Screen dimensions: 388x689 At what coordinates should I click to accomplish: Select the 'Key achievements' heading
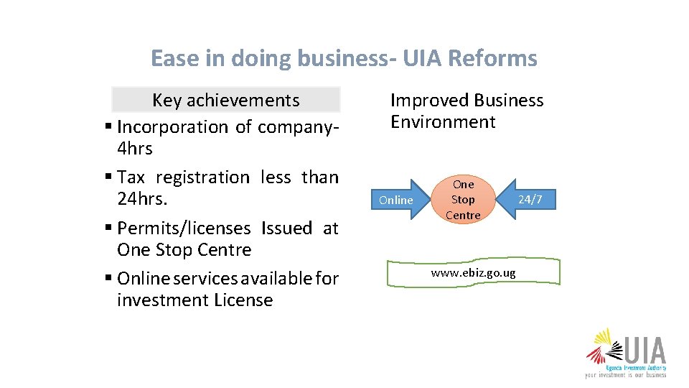coord(225,100)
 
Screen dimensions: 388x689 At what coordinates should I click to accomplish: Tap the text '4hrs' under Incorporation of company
coord(134,149)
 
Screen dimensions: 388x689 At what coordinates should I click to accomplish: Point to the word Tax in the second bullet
coord(131,177)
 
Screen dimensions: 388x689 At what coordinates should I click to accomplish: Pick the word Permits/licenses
coord(184,228)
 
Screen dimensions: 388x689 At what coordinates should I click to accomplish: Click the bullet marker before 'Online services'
coord(108,278)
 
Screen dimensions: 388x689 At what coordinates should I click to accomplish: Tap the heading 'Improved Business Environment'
coord(467,111)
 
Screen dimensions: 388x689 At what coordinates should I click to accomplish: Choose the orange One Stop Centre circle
coord(463,200)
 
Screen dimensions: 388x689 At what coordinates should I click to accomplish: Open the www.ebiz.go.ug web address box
coord(473,273)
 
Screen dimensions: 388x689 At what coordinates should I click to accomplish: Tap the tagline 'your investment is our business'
coord(625,374)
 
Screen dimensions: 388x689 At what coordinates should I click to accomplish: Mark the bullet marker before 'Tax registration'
coord(108,177)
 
